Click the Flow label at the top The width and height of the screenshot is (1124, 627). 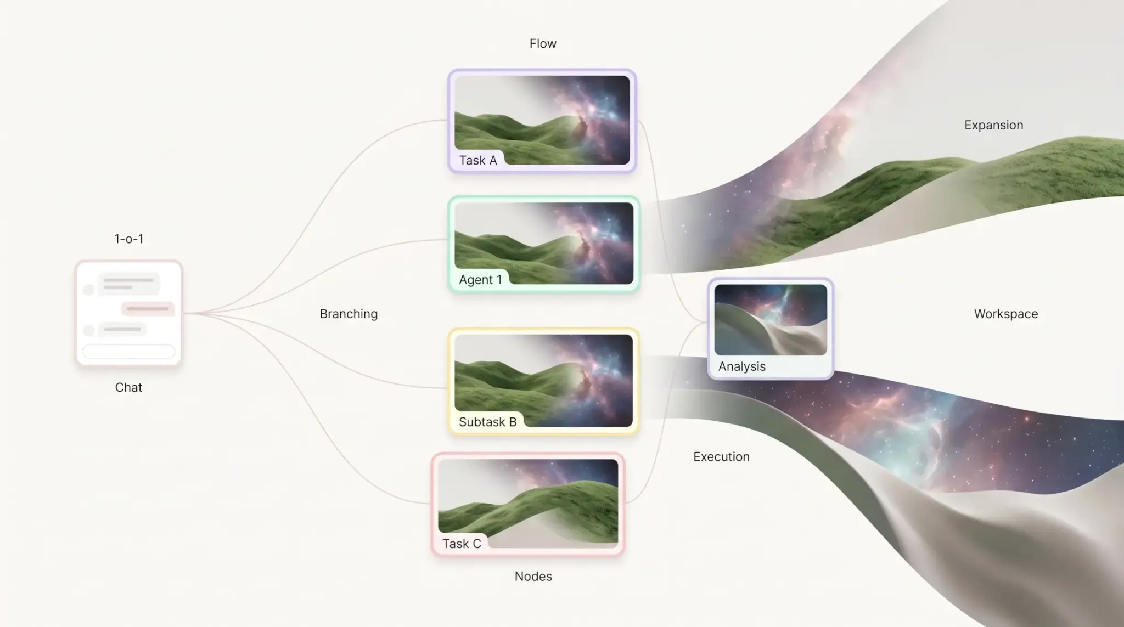(x=543, y=44)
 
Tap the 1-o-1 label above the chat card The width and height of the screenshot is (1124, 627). (x=129, y=239)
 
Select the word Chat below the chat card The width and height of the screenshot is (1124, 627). (x=128, y=387)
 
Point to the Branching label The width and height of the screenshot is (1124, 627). (x=349, y=314)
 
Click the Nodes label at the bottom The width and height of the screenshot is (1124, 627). (x=533, y=576)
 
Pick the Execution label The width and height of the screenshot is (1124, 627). (x=721, y=457)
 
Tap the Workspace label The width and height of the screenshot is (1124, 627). (x=1006, y=314)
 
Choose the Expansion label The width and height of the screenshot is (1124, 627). (x=993, y=125)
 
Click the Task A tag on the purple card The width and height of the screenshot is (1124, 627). (x=477, y=160)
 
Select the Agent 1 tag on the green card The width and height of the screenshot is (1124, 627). (x=480, y=280)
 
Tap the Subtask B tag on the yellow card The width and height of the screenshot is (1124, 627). (x=487, y=422)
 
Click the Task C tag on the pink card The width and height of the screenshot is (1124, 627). (x=462, y=544)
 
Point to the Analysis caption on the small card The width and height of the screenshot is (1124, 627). (x=741, y=366)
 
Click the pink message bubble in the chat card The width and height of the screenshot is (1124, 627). (x=148, y=309)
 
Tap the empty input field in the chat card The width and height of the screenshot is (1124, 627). (x=128, y=352)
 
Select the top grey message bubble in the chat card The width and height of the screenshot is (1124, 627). (x=128, y=284)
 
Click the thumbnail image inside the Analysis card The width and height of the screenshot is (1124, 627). (x=771, y=320)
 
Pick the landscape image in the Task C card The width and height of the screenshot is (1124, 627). (x=528, y=504)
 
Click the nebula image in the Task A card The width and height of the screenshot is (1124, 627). (x=542, y=120)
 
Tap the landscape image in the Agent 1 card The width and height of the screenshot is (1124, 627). (x=544, y=244)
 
